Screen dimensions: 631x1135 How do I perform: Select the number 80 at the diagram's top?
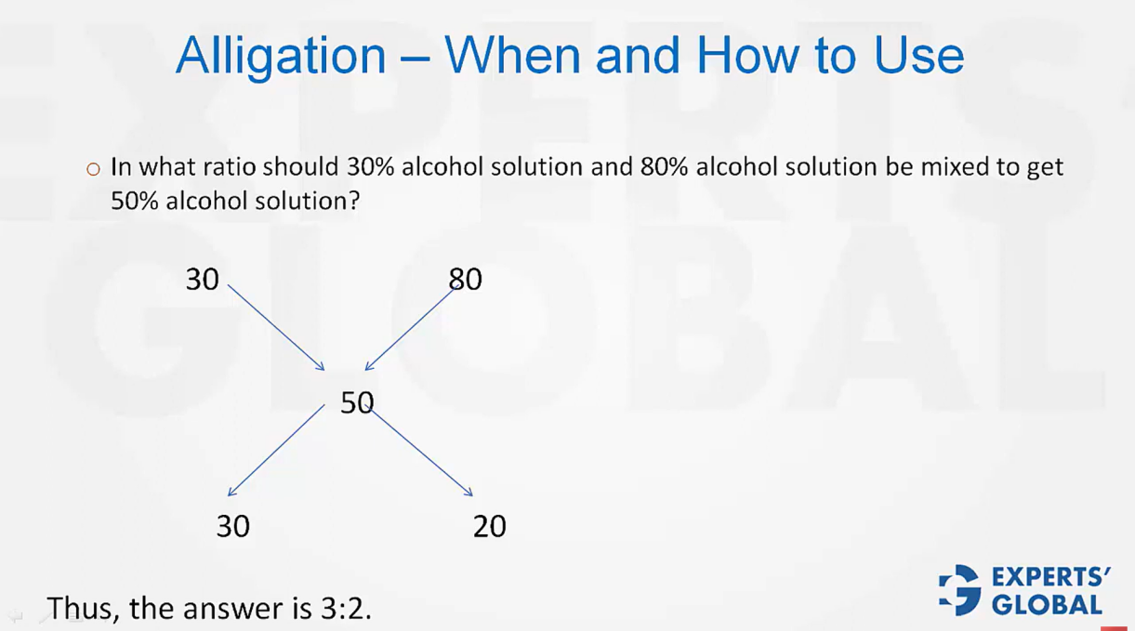point(465,279)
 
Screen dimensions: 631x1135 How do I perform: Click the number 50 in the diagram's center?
point(357,402)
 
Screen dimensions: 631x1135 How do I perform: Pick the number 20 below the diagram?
point(490,527)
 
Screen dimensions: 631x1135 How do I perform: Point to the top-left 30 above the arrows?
point(202,279)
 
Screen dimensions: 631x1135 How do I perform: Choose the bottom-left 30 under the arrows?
point(233,527)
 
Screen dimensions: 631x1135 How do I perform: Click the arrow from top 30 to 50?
point(276,327)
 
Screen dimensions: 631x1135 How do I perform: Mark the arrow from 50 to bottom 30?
point(276,450)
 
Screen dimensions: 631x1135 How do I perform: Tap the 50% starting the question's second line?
point(134,201)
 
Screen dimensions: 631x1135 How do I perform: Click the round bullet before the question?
point(93,169)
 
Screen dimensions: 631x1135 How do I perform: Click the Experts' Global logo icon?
point(959,590)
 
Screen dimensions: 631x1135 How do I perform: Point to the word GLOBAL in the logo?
point(1047,605)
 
